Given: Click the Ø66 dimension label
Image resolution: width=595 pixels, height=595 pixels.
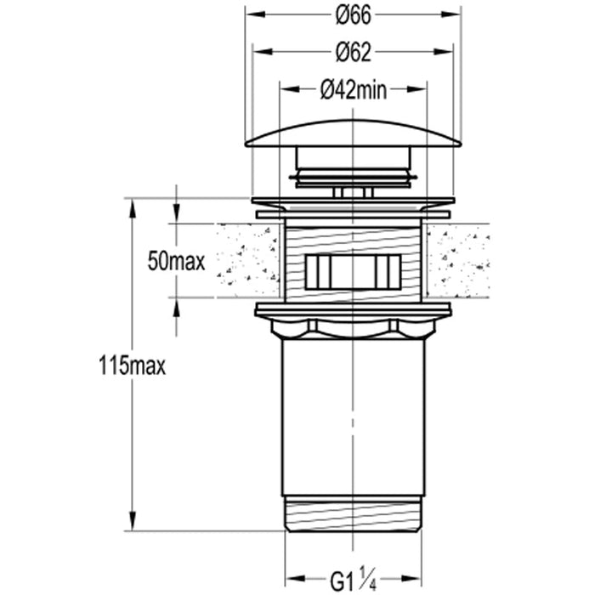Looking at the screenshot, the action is (x=353, y=16).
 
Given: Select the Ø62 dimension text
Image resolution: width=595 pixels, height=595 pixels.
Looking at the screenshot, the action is (x=353, y=53).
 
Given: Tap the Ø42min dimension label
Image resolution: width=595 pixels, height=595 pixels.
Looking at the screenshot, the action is (x=354, y=90).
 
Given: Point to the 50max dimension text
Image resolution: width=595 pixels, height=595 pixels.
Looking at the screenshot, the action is (x=176, y=261).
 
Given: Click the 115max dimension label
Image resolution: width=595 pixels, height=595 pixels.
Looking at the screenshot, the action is (x=132, y=365).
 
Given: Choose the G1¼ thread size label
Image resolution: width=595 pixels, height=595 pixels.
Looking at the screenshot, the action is (x=353, y=579).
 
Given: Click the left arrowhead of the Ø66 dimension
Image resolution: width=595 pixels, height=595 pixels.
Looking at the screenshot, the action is (x=255, y=14).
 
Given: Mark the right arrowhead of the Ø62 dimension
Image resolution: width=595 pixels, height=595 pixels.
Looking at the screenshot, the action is (x=444, y=51).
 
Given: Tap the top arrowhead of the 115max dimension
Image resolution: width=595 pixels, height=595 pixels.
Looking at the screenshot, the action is (x=132, y=208).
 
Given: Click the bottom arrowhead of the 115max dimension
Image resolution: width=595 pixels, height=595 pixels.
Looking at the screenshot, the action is (x=132, y=521).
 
